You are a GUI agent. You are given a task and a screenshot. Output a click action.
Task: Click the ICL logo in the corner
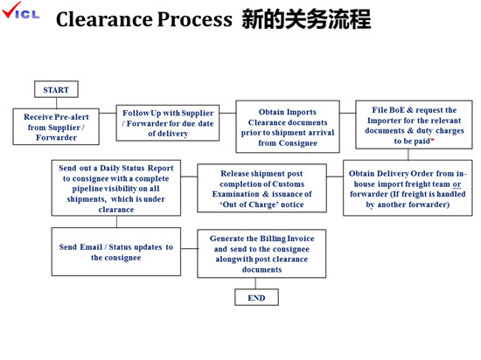click(21, 14)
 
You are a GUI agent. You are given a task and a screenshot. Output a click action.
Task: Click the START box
click(56, 89)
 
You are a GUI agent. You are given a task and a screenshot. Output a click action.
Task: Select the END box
click(256, 297)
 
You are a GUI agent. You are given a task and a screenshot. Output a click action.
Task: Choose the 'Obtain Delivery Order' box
click(407, 188)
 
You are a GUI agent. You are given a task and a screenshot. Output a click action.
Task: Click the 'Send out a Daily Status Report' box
click(115, 188)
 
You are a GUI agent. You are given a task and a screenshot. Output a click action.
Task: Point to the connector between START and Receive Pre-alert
click(56, 102)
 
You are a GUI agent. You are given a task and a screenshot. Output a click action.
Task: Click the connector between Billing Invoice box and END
click(256, 283)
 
